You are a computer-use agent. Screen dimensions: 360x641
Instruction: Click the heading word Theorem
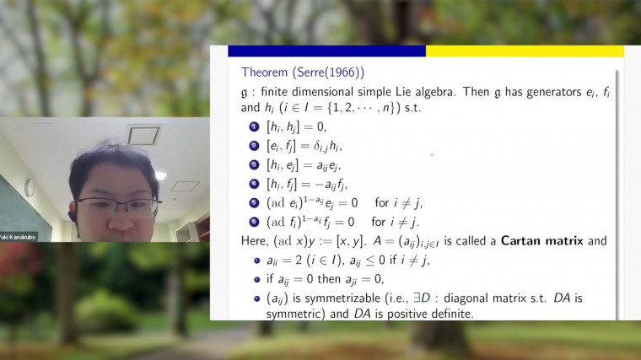[264, 72]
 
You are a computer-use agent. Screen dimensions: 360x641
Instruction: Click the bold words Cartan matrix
[540, 240]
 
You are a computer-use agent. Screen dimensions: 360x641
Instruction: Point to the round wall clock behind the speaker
[30, 187]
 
